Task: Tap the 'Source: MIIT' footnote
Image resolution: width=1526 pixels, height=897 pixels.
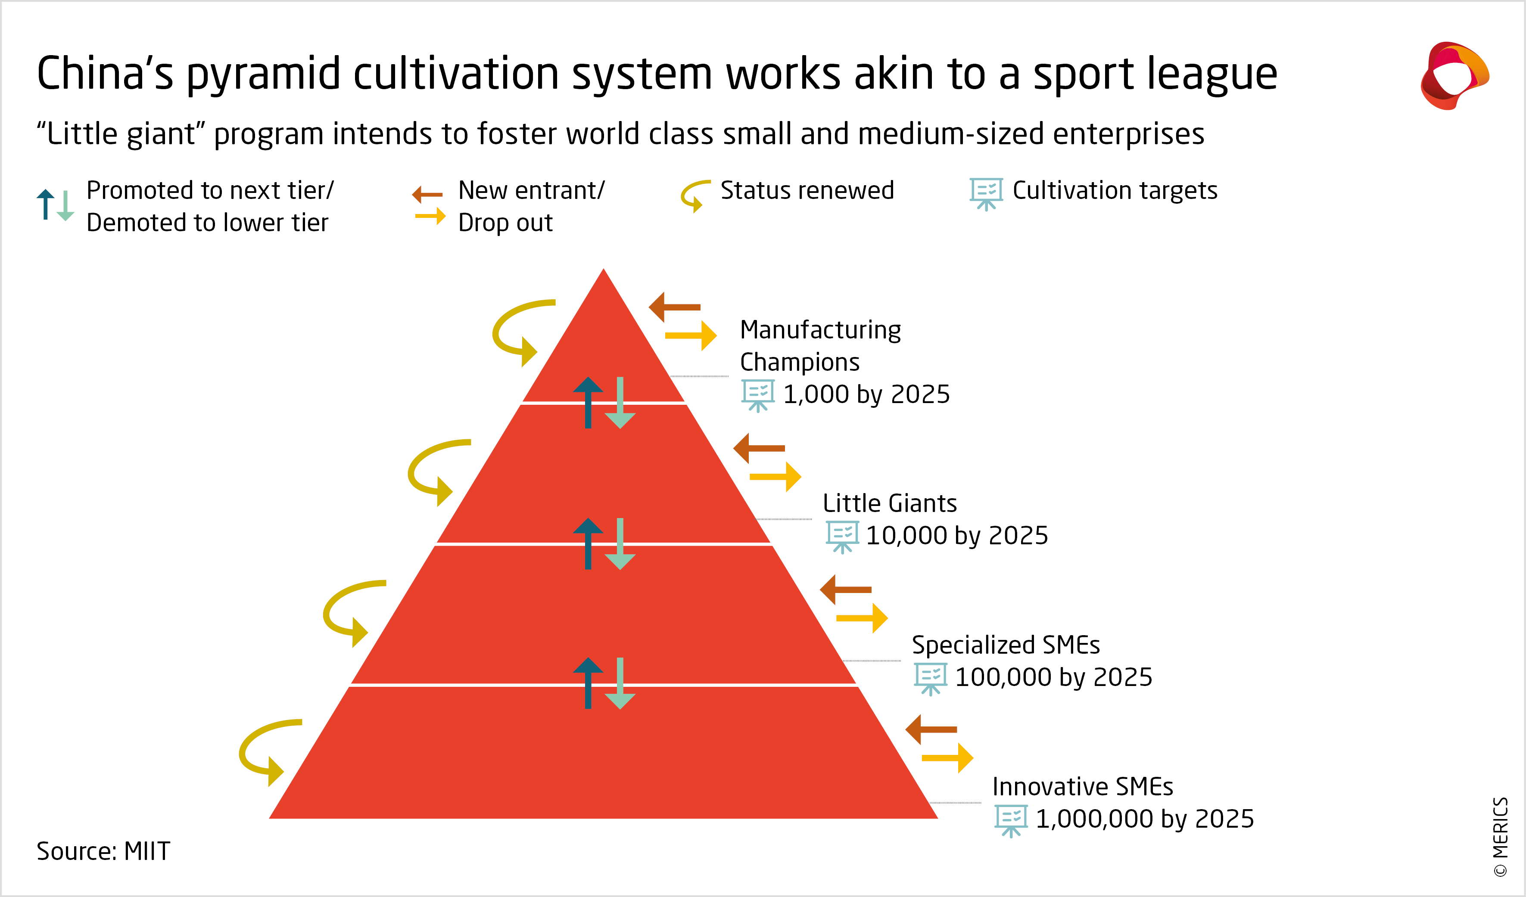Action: [103, 851]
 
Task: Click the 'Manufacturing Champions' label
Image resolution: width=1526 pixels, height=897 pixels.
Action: [820, 346]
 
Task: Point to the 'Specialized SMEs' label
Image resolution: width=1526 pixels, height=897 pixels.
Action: [1005, 645]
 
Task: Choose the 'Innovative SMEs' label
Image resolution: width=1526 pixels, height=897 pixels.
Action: [1082, 786]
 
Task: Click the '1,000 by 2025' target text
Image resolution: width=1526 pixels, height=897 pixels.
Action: [866, 394]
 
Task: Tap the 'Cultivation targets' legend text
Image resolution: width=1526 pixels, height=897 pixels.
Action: [1114, 190]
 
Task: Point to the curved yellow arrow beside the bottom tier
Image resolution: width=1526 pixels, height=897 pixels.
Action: [263, 751]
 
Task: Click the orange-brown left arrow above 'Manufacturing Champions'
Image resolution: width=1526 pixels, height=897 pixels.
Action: [674, 307]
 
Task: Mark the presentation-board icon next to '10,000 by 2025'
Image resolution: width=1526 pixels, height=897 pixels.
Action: [842, 536]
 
